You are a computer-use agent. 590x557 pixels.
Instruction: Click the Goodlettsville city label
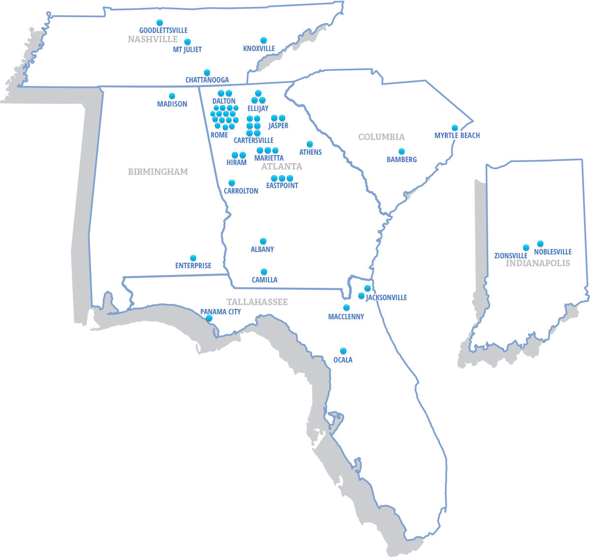pyautogui.click(x=163, y=30)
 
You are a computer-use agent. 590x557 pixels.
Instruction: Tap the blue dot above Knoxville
pyautogui.click(x=264, y=40)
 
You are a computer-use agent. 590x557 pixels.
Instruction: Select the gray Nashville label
pyautogui.click(x=152, y=39)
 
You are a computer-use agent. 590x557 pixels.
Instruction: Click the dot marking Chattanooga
pyautogui.click(x=207, y=72)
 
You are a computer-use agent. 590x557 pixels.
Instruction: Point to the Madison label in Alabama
pyautogui.click(x=172, y=104)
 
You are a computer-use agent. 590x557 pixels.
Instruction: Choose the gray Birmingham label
pyautogui.click(x=158, y=172)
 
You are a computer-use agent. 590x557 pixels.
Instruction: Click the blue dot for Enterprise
pyautogui.click(x=193, y=258)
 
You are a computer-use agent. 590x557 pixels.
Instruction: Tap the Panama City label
pyautogui.click(x=220, y=312)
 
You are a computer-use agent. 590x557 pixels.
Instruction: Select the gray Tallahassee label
pyautogui.click(x=257, y=302)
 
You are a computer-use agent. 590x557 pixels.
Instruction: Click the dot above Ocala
pyautogui.click(x=343, y=351)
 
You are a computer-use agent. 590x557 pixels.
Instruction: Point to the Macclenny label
pyautogui.click(x=346, y=317)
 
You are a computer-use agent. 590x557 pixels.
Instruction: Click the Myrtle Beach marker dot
pyautogui.click(x=455, y=128)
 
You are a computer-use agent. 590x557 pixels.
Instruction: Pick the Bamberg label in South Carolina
pyautogui.click(x=402, y=160)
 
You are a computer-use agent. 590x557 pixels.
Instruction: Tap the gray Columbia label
pyautogui.click(x=381, y=137)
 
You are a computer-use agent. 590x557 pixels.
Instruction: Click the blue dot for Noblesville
pyautogui.click(x=540, y=244)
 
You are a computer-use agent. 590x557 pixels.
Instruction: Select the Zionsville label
pyautogui.click(x=511, y=256)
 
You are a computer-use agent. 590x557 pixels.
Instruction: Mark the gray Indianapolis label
pyautogui.click(x=538, y=263)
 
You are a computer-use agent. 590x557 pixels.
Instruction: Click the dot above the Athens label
pyautogui.click(x=310, y=144)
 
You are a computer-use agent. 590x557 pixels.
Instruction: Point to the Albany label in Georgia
pyautogui.click(x=263, y=250)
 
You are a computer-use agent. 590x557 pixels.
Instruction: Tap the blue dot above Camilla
pyautogui.click(x=264, y=272)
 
